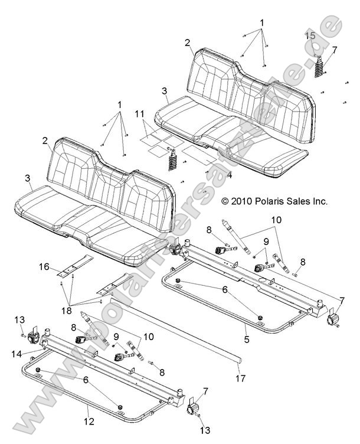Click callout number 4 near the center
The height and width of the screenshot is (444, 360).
point(230,174)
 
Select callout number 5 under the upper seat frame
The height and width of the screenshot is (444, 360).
point(247,340)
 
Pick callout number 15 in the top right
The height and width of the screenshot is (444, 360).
point(310,37)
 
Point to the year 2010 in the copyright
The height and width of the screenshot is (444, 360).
point(242,201)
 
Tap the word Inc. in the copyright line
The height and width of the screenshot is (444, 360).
point(319,201)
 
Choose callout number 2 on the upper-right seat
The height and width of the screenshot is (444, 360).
point(187,43)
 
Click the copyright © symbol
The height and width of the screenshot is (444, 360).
point(225,201)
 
